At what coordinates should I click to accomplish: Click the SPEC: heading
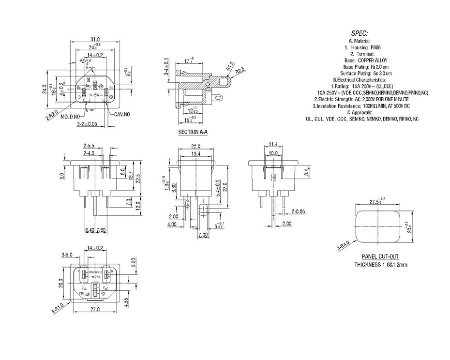(359, 34)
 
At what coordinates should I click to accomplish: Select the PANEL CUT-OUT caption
(380, 257)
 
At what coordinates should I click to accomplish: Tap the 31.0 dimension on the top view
(95, 39)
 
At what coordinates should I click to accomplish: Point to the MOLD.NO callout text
(70, 117)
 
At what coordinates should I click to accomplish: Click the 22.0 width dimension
(195, 146)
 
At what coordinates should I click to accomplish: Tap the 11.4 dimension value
(273, 144)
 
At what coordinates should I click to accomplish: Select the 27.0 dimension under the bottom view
(94, 309)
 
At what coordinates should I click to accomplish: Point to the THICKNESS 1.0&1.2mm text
(380, 265)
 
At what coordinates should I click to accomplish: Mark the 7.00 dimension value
(202, 235)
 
